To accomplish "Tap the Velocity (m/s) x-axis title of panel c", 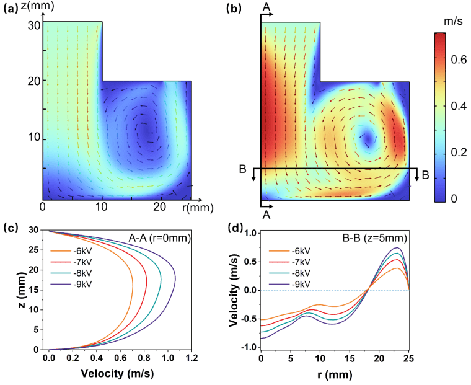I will coord(118,374).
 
